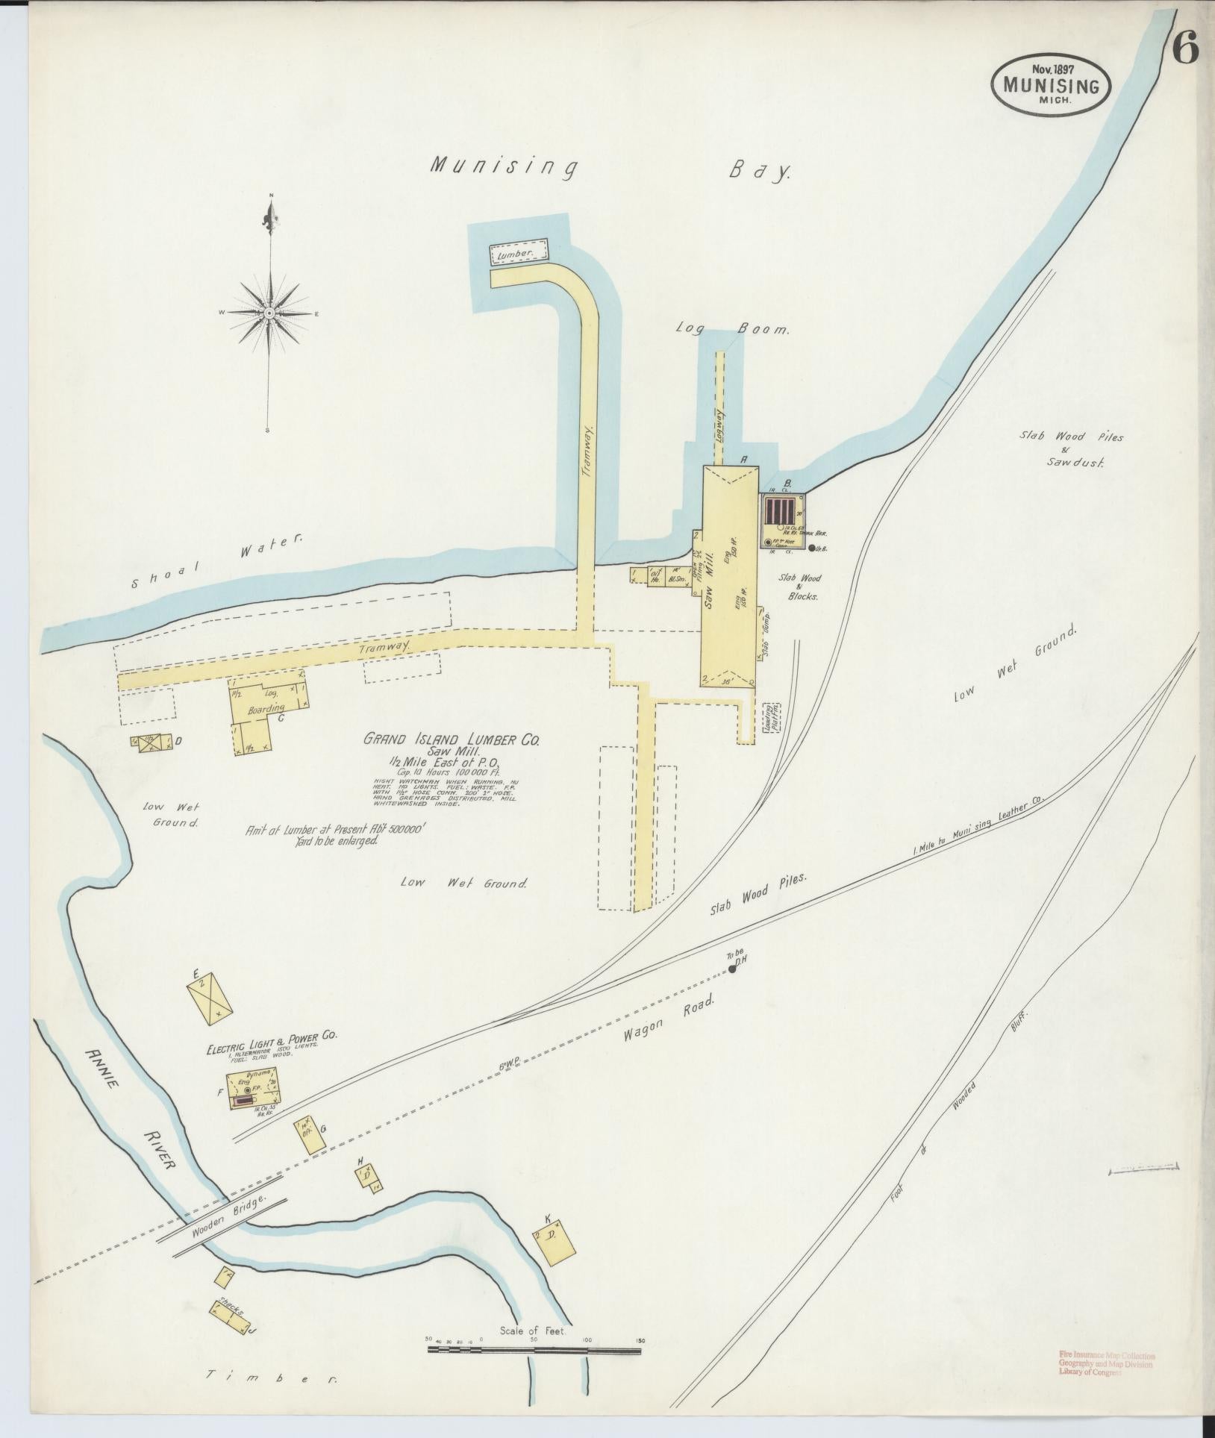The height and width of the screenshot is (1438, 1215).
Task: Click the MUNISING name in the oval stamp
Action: click(1051, 86)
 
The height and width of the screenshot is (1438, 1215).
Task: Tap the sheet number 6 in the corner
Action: click(1184, 50)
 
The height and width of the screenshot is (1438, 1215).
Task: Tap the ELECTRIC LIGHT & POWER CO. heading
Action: click(273, 1052)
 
